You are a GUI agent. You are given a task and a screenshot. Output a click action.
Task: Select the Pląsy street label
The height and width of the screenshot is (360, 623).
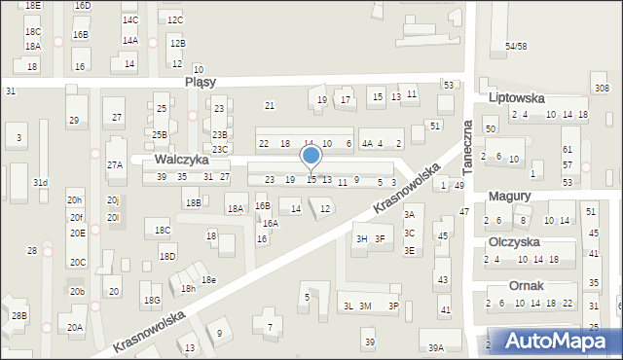point(200,83)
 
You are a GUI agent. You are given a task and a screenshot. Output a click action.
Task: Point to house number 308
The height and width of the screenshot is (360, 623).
point(602,89)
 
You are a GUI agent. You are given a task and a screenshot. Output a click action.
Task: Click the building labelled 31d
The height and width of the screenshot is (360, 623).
point(40,183)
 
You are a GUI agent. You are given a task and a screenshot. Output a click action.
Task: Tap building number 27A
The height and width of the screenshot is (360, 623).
point(115,165)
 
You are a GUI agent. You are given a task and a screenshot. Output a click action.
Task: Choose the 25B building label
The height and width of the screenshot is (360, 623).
point(160,135)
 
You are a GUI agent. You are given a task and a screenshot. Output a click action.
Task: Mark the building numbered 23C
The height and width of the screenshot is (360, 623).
point(221,149)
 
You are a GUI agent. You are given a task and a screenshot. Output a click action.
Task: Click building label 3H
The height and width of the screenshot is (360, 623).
point(361,238)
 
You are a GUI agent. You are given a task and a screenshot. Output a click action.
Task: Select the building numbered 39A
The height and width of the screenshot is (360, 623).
point(436,347)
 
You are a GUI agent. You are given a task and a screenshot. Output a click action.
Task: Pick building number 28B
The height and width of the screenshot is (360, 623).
point(19,316)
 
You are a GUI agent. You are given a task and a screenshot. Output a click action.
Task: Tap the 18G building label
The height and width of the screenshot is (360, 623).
point(152,300)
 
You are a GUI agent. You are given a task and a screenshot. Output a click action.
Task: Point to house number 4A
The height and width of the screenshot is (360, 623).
point(367,144)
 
